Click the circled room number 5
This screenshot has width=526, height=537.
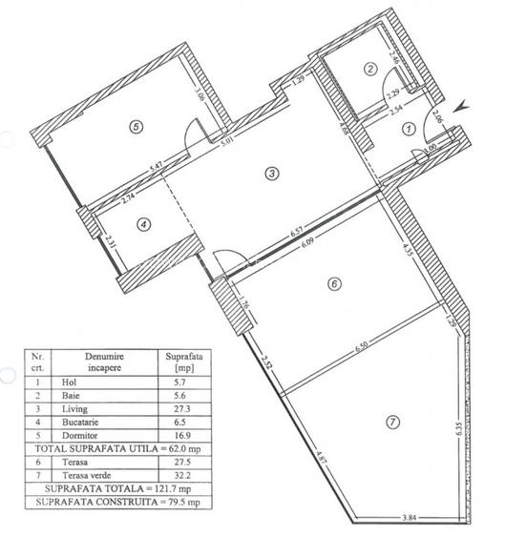137,126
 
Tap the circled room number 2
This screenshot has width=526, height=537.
369,68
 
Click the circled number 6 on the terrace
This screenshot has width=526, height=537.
333,282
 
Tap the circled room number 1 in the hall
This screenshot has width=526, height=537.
409,127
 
